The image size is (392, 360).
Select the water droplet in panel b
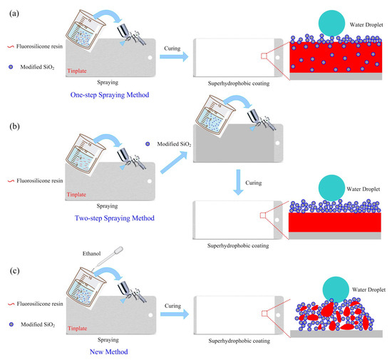click(x=326, y=187)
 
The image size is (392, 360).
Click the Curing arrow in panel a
click(x=175, y=57)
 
